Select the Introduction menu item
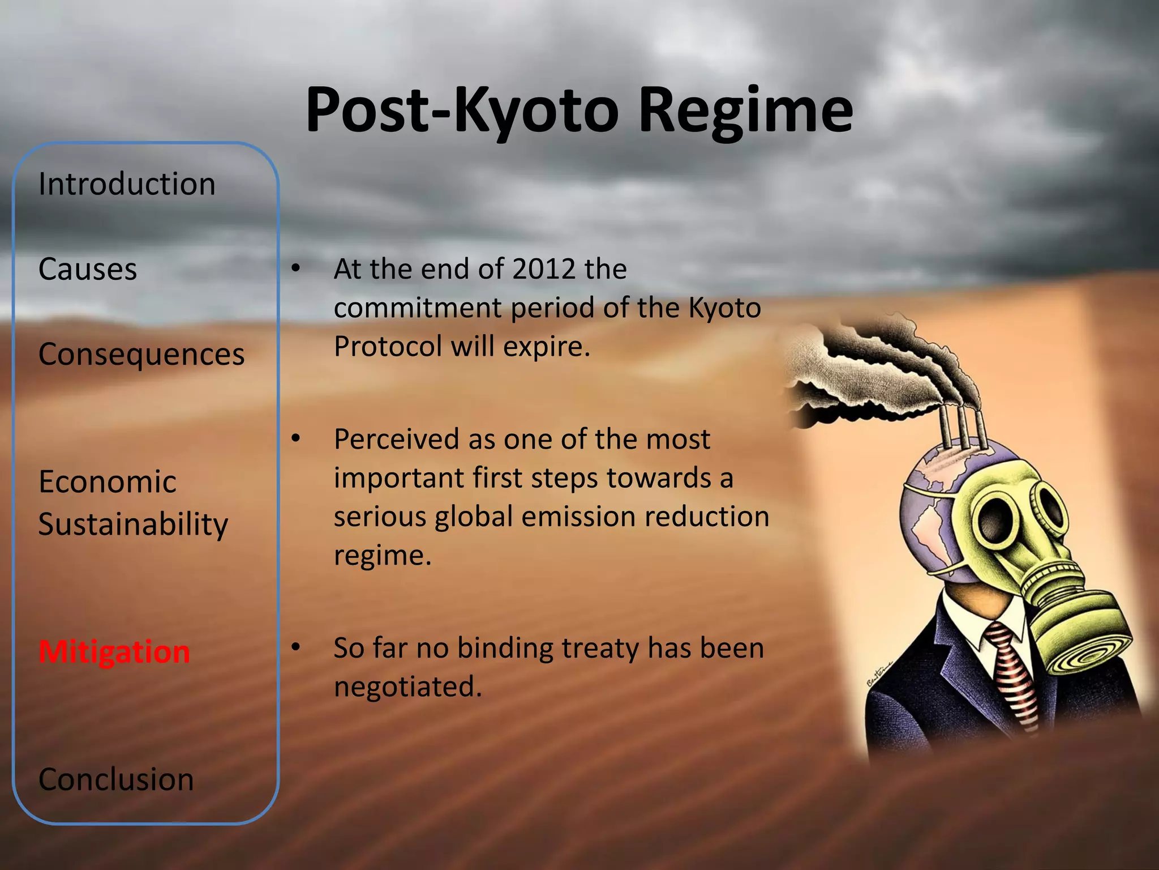click(x=127, y=184)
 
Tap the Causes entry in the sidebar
click(x=88, y=269)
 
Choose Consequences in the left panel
click(x=141, y=355)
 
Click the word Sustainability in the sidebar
click(x=134, y=524)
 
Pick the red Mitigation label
click(x=114, y=652)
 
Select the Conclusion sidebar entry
click(x=116, y=779)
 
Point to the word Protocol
click(x=388, y=346)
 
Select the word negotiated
click(x=407, y=686)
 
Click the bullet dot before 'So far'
click(x=295, y=647)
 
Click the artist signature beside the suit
click(x=878, y=674)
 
